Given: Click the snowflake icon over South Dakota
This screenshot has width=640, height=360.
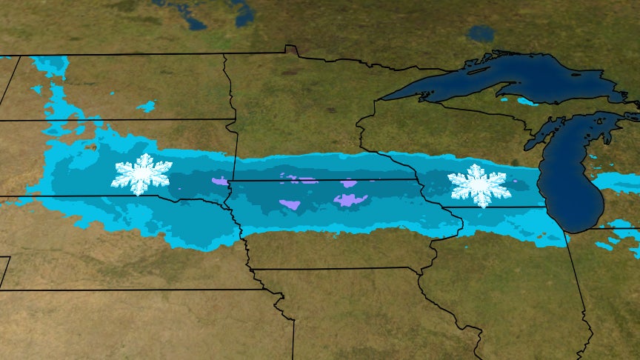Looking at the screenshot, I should click(141, 175).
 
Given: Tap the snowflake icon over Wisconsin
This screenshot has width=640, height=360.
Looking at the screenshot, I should click(479, 186).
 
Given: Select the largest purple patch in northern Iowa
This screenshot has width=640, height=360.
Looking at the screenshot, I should click(350, 199).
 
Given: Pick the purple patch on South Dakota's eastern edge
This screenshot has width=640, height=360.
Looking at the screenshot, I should click(220, 181).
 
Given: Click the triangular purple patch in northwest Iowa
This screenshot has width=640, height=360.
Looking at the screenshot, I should click(290, 204).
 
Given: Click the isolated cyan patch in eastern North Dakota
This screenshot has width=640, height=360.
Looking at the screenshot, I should click(147, 107).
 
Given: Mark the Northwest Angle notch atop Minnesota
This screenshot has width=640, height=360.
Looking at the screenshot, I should click(291, 50).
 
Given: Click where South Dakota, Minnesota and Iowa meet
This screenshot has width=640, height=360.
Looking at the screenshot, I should click(230, 182).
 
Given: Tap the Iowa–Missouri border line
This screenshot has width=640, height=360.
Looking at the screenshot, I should click(333, 269).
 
